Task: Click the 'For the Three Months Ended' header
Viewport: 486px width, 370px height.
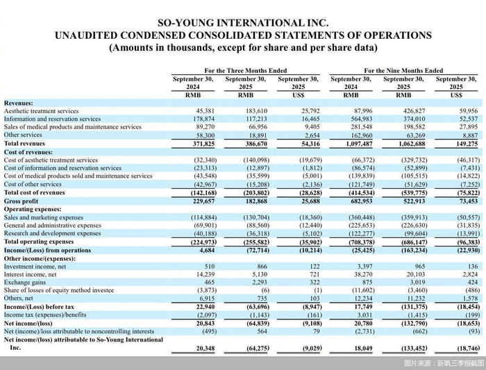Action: click(x=246, y=71)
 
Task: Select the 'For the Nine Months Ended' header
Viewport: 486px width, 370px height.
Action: click(x=403, y=71)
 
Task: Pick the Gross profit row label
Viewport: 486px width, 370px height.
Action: click(x=22, y=201)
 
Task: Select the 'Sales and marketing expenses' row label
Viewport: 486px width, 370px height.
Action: click(x=44, y=217)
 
